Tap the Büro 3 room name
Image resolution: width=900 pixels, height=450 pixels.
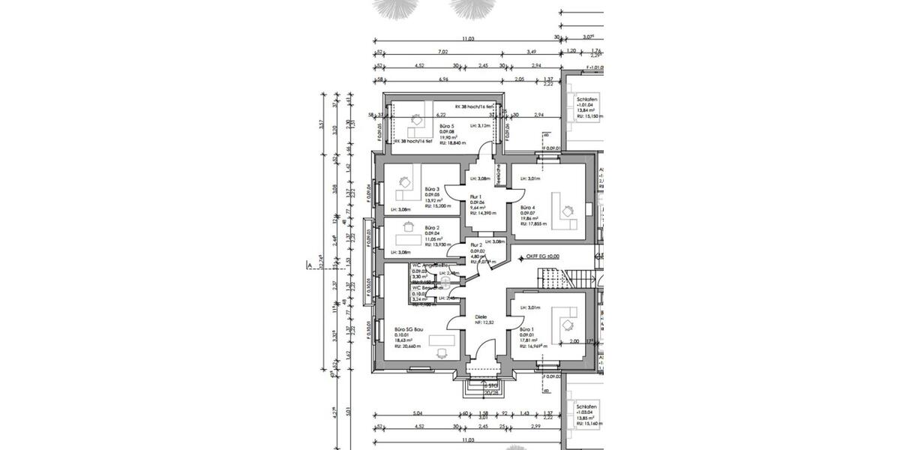pyautogui.click(x=431, y=189)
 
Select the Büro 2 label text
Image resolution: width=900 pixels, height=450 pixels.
pyautogui.click(x=431, y=226)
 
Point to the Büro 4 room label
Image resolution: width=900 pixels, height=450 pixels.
pyautogui.click(x=528, y=208)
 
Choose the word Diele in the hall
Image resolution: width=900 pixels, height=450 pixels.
pyautogui.click(x=481, y=316)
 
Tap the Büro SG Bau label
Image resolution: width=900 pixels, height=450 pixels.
pyautogui.click(x=409, y=328)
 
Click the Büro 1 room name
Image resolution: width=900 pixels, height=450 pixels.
pyautogui.click(x=527, y=329)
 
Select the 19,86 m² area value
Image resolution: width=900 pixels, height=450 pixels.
pyautogui.click(x=531, y=219)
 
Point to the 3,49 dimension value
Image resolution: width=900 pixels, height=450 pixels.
pyautogui.click(x=531, y=52)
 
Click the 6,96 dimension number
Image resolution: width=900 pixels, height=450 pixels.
pyautogui.click(x=444, y=79)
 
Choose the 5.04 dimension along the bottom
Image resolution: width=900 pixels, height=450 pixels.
pyautogui.click(x=418, y=412)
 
